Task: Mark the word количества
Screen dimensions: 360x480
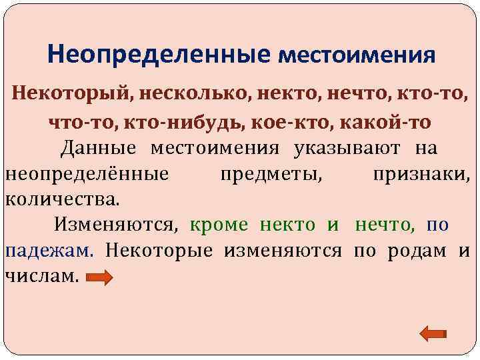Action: click(63, 199)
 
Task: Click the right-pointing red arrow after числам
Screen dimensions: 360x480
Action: click(101, 277)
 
